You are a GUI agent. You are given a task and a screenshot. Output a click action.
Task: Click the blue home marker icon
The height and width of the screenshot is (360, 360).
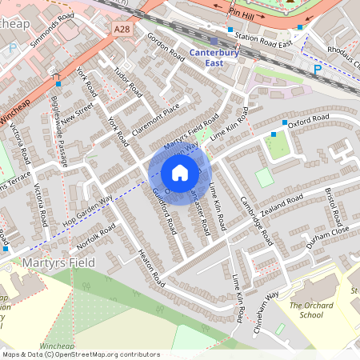(180, 172)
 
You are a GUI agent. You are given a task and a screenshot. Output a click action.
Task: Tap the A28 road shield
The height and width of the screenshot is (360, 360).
(121, 29)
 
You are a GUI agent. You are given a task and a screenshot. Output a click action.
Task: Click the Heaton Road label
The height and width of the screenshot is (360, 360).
(151, 267)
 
